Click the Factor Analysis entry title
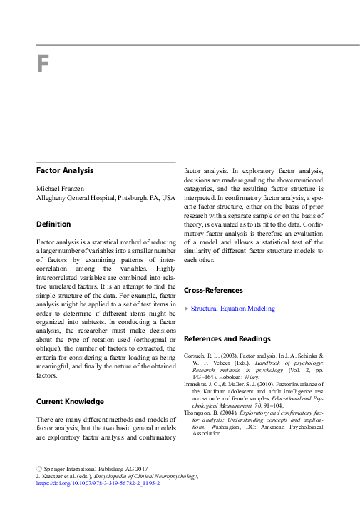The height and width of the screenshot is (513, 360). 65,170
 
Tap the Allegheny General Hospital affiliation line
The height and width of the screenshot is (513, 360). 106,197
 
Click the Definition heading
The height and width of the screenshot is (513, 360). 53,224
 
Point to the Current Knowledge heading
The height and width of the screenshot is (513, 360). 70,402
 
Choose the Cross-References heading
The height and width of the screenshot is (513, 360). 214,291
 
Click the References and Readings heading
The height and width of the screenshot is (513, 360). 227,338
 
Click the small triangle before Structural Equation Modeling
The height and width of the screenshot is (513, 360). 187,309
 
